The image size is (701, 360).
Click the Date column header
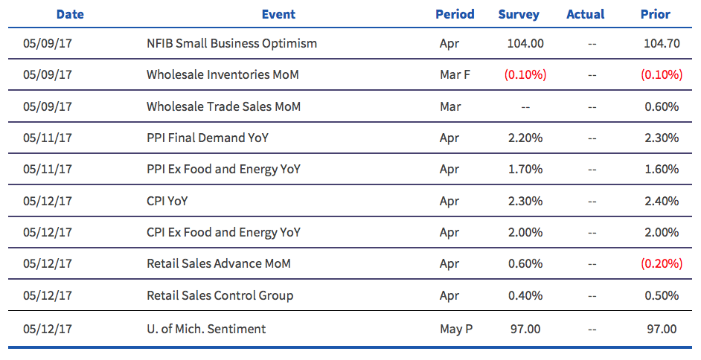[x=70, y=14]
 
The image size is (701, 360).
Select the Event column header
[x=278, y=14]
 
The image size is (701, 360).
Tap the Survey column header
[x=519, y=14]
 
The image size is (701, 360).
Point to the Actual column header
[x=585, y=14]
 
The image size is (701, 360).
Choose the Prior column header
[x=656, y=14]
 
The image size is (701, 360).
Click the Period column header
[x=455, y=14]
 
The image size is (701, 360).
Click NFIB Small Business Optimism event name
[x=231, y=43]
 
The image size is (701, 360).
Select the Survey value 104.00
[x=525, y=43]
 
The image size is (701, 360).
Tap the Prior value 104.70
[x=662, y=43]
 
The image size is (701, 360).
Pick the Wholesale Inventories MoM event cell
[x=223, y=74]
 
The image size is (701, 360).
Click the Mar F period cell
[x=455, y=74]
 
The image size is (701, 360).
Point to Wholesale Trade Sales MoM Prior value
[x=662, y=106]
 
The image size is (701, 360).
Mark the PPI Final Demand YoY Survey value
[x=525, y=138]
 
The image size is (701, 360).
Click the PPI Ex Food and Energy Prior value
[x=662, y=170]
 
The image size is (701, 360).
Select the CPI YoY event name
[x=167, y=201]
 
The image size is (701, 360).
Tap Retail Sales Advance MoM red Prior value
[x=662, y=263]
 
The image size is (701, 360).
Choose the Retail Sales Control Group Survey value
[x=525, y=295]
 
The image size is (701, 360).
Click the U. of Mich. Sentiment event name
[x=206, y=330]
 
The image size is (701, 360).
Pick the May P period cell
[x=456, y=330]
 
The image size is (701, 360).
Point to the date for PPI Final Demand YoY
[x=48, y=138]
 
